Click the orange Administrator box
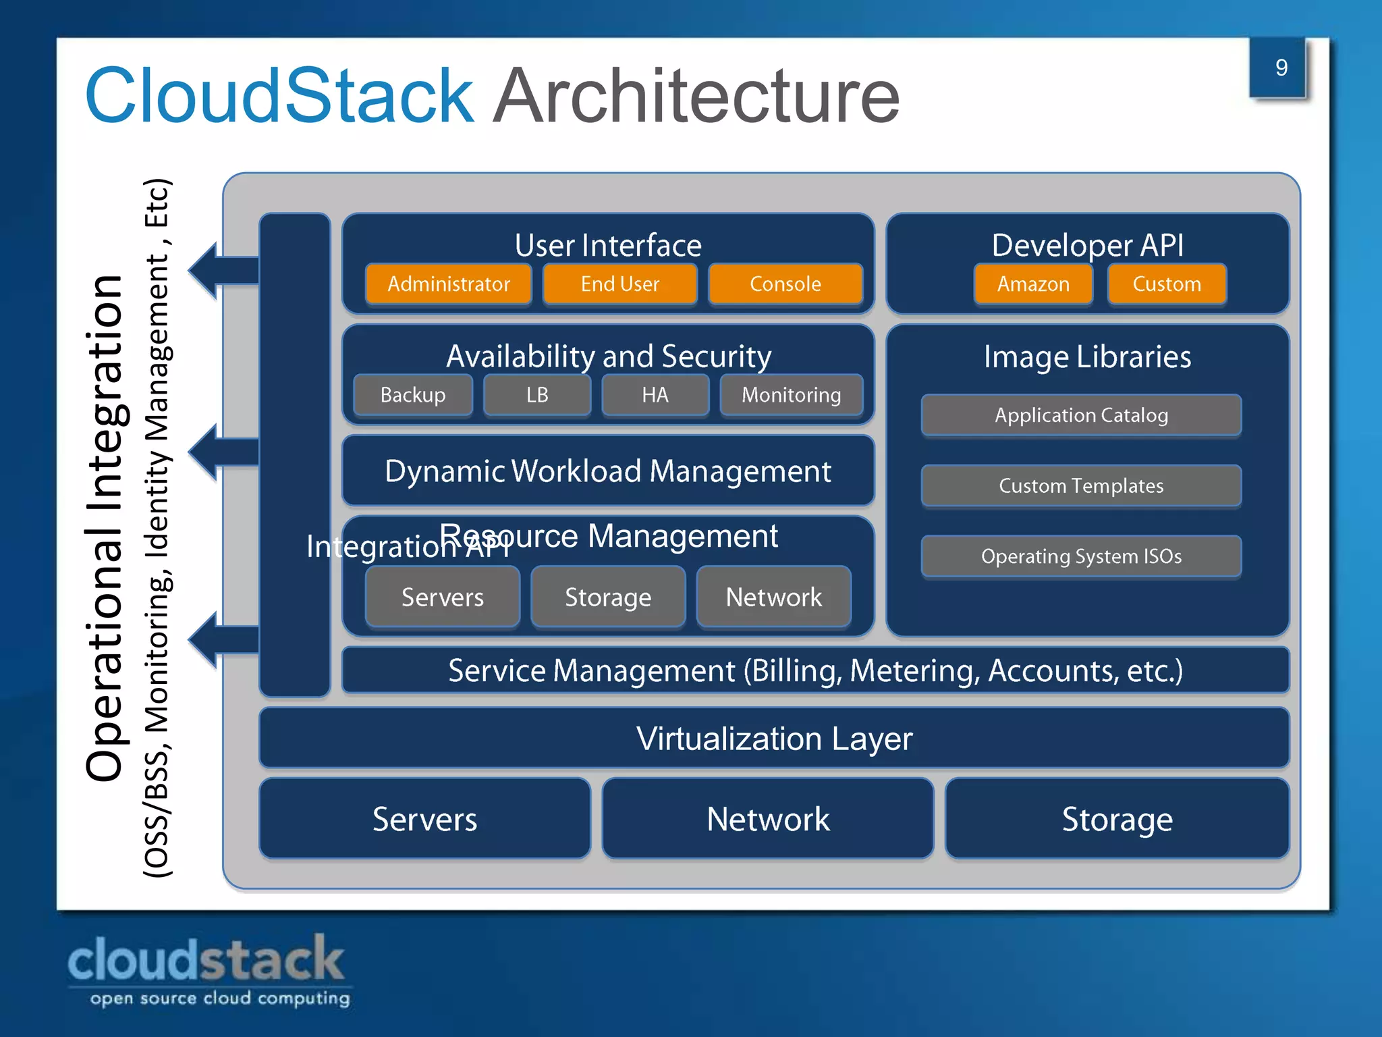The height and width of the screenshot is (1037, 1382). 449,284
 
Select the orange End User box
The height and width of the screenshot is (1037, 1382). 619,284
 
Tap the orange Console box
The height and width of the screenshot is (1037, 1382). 785,284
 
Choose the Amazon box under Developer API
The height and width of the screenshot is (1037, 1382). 1033,284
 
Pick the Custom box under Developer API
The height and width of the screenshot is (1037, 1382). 1167,284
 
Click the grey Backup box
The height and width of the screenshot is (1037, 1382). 413,395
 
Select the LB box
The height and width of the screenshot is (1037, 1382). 537,395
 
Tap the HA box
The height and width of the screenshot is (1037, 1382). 655,395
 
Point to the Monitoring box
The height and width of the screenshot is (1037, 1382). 791,395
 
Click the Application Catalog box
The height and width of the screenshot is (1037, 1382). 1081,415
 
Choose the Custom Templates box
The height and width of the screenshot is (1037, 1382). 1081,486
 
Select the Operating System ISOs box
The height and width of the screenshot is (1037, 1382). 1081,556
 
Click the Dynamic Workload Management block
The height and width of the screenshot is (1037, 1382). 607,471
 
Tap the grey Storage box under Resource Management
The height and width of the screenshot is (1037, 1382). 607,597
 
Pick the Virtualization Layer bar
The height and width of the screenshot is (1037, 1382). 774,739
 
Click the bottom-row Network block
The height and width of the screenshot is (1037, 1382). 768,819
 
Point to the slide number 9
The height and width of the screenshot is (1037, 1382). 1280,68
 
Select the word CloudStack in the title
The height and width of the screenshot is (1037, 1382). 279,96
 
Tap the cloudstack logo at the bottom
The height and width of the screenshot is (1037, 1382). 208,969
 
